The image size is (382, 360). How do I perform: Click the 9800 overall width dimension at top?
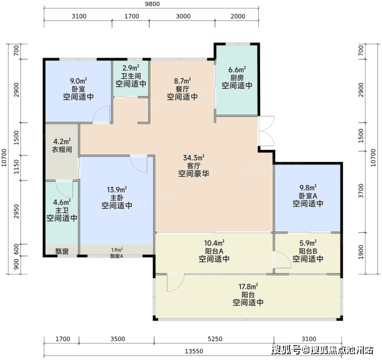[153, 4]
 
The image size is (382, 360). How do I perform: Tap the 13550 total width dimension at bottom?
[194, 351]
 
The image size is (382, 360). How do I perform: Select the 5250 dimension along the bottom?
[214, 339]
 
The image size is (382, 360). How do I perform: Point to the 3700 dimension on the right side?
[361, 191]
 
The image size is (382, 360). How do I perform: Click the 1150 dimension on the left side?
[16, 167]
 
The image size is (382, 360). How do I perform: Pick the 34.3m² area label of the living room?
[193, 157]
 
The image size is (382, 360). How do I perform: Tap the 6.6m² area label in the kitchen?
[237, 70]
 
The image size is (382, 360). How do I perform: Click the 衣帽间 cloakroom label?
[62, 149]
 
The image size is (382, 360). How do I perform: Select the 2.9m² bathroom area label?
[131, 68]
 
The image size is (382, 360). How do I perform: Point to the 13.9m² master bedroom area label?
[117, 190]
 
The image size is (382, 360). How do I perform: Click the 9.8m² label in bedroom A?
[308, 188]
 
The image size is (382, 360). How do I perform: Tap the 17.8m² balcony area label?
[248, 286]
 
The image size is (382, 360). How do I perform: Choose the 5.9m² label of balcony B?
[308, 243]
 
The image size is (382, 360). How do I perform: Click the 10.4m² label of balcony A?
[214, 243]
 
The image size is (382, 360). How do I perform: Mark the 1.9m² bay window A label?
[117, 250]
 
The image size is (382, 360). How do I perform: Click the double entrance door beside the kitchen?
[266, 131]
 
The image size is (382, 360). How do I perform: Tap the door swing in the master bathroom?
[64, 189]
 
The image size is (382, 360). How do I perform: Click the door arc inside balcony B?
[283, 260]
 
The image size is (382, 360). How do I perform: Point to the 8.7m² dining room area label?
[183, 80]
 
